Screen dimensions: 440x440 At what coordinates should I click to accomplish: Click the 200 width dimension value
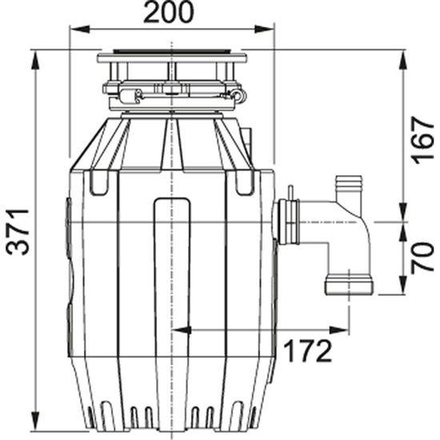tap(171, 13)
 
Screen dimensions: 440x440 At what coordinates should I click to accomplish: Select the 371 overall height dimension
tap(17, 232)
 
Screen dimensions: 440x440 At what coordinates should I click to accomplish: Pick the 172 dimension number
tap(308, 350)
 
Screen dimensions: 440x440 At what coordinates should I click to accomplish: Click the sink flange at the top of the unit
tap(172, 58)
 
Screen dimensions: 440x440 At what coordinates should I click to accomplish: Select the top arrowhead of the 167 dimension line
tap(401, 55)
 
